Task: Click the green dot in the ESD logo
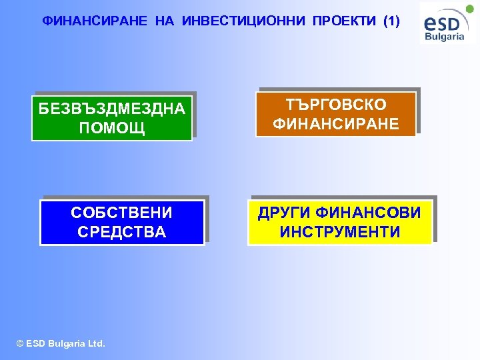coord(469,9)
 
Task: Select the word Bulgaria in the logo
coord(445,37)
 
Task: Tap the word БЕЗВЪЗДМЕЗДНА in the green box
coord(112,109)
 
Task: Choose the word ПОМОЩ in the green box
coord(112,127)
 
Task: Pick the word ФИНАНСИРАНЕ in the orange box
coord(336,124)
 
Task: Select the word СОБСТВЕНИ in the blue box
coord(121,213)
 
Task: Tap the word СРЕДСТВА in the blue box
coord(121,232)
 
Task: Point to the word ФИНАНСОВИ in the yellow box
coord(369,213)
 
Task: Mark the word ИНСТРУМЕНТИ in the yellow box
coord(340,232)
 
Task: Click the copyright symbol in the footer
coord(19,344)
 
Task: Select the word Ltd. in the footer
coord(95,344)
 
